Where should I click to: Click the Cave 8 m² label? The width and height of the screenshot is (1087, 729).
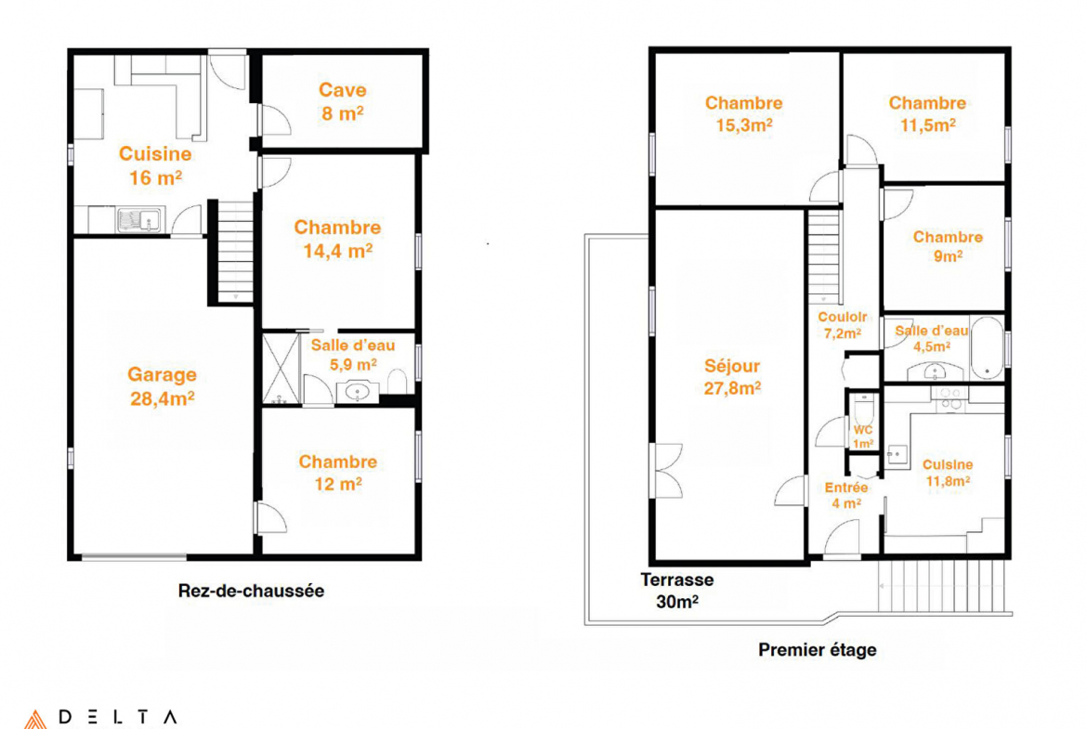343,101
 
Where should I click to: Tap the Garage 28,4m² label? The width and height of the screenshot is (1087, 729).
163,386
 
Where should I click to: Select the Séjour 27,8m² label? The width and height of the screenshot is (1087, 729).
732,376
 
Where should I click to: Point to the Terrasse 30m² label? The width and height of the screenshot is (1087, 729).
676,591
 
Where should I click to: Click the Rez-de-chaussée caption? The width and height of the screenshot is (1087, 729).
251,591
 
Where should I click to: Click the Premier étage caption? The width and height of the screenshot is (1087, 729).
818,650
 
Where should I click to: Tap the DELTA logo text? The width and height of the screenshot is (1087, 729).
118,717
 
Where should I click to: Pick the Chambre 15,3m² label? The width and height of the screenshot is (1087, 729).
744,113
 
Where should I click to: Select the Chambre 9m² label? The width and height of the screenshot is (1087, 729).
948,246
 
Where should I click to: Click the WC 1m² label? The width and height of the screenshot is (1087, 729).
863,436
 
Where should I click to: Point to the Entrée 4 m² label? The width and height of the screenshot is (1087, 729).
846,495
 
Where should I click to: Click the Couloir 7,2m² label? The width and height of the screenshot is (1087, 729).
843,324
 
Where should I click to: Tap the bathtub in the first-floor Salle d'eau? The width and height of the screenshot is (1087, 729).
988,348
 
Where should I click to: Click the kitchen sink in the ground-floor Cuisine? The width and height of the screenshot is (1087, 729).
139,220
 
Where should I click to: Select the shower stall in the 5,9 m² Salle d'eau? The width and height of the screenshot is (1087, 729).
281,369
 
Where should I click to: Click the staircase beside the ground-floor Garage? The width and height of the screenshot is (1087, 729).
235,252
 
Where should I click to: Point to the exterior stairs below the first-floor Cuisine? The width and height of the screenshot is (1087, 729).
941,586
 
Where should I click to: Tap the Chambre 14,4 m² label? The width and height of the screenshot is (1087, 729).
337,239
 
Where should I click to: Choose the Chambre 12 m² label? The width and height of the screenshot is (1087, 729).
337,473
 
